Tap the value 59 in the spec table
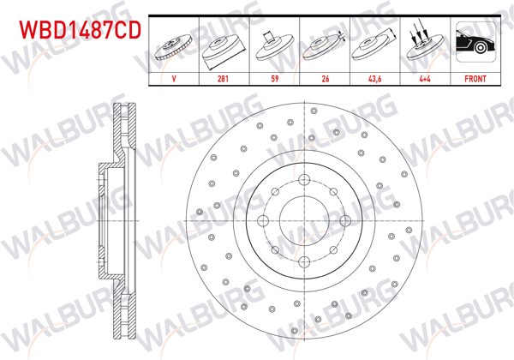tap(273, 76)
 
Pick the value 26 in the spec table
tap(324, 76)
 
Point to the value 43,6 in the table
tap(375, 76)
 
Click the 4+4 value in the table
tap(425, 76)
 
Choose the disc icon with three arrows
tap(425, 43)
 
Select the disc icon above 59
tap(273, 43)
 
